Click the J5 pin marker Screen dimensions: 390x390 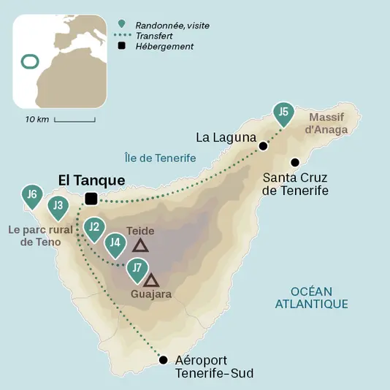285,113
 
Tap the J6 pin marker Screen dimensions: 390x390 31,195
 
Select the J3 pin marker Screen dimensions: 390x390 58,206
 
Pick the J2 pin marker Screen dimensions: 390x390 93,228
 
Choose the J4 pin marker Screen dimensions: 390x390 114,243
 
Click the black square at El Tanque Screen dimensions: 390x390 91,199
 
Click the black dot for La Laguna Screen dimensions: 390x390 264,146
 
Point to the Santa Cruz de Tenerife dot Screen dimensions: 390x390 295,162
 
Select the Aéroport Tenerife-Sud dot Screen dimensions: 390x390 163,359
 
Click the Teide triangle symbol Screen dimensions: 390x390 140,246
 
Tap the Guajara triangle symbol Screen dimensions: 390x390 151,280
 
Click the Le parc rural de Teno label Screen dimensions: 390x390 40,236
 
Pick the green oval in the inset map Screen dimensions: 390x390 29,61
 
